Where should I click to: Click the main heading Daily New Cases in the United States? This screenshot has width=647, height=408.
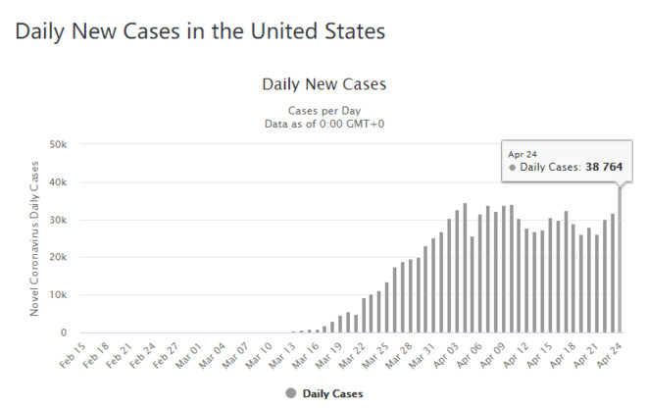point(200,31)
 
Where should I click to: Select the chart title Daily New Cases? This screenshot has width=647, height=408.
point(324,84)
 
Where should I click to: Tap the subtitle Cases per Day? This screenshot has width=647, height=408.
point(324,111)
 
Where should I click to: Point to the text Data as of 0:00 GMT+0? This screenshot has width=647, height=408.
point(324,124)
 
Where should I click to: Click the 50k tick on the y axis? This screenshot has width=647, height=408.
point(58,144)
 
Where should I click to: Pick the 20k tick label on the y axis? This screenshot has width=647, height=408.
point(58,257)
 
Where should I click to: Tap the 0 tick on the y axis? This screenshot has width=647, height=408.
point(64,332)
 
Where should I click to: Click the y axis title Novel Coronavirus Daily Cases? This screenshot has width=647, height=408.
point(34,238)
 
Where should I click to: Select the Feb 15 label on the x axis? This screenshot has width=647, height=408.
point(73,355)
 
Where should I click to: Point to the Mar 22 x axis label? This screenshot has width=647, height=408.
point(352,355)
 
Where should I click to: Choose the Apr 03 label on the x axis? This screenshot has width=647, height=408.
point(446,355)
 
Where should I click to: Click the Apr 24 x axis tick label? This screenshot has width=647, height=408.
point(609,355)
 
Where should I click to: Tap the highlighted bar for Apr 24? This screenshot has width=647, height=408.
point(620,259)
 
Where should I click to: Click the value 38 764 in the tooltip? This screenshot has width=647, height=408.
point(604,168)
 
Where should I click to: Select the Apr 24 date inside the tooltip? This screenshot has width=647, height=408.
point(523,154)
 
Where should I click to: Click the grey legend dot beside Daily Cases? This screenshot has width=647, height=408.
point(291,393)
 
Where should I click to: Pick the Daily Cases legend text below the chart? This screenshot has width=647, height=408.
point(333,393)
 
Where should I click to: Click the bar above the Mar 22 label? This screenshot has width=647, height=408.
point(364,316)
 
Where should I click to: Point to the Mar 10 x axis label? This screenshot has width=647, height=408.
point(259,355)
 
